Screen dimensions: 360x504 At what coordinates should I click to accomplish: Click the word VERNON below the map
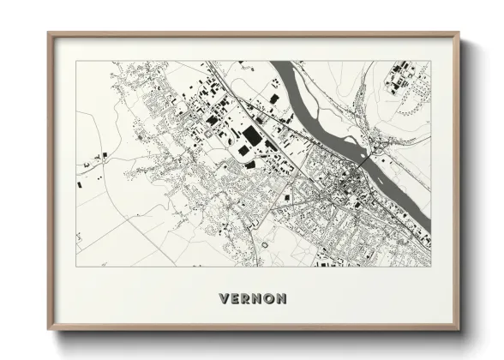(x=253, y=299)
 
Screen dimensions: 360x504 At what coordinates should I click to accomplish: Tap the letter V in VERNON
(x=225, y=299)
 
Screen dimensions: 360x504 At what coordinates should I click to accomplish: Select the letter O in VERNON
(x=269, y=299)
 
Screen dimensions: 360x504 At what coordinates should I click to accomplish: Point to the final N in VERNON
(x=281, y=299)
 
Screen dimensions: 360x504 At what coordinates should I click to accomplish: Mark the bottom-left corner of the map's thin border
(x=77, y=267)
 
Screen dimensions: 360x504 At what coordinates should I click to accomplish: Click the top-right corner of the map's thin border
(x=429, y=62)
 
